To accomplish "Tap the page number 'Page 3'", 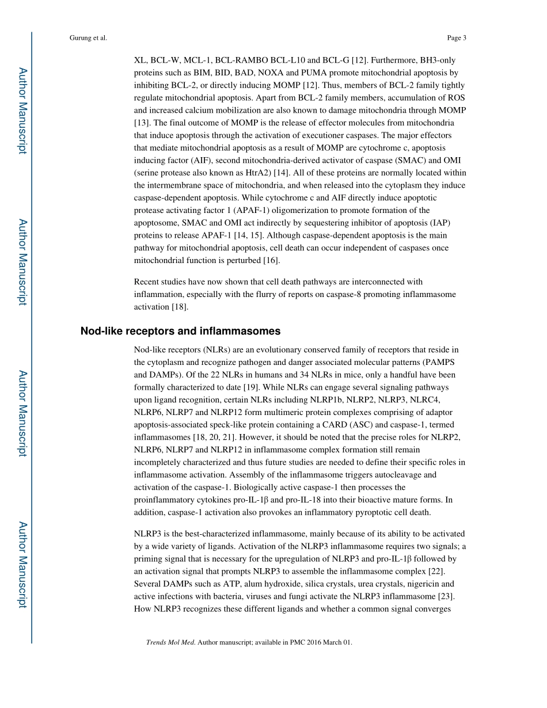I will pyautogui.click(x=456, y=38).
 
